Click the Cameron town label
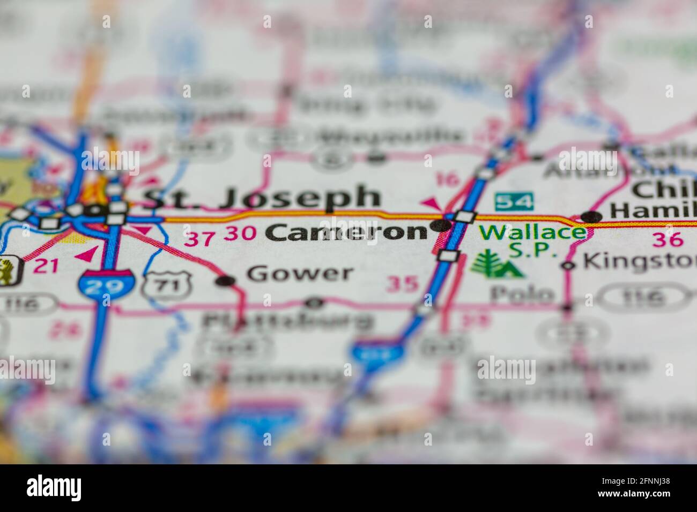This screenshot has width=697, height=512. [346, 232]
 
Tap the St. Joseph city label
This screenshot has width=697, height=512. [262, 198]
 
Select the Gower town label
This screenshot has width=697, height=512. [300, 274]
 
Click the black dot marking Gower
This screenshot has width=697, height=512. [227, 280]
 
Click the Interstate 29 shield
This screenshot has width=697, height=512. [106, 284]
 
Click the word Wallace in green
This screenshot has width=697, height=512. [532, 232]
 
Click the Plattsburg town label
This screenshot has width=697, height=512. [287, 320]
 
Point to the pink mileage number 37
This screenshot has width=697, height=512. [199, 239]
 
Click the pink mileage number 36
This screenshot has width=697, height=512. [668, 239]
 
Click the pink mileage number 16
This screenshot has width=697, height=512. [447, 180]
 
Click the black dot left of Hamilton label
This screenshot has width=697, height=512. [592, 217]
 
